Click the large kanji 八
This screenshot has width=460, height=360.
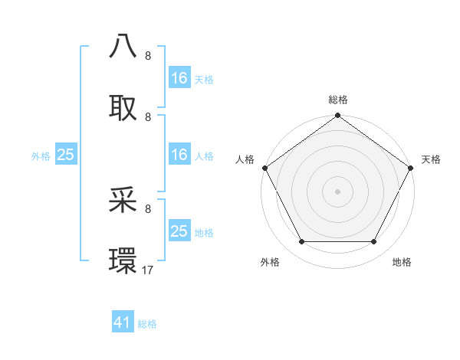123,47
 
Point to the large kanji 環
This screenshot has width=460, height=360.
123,260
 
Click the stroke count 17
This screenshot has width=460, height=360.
148,270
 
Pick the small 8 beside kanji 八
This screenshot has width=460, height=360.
148,56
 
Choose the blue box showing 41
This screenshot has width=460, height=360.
123,322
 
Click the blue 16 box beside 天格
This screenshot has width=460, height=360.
179,78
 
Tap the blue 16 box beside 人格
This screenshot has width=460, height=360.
179,155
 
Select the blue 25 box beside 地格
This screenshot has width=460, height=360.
179,231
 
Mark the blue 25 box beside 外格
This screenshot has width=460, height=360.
66,155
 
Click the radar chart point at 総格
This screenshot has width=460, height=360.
337,116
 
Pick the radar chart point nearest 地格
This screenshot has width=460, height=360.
374,242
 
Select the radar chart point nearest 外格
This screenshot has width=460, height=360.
301,242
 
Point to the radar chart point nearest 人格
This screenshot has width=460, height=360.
264,168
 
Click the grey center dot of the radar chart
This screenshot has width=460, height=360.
337,191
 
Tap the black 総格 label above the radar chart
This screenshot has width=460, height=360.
337,100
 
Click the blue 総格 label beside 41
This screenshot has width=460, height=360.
147,324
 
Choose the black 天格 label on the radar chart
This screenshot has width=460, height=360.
431,159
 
